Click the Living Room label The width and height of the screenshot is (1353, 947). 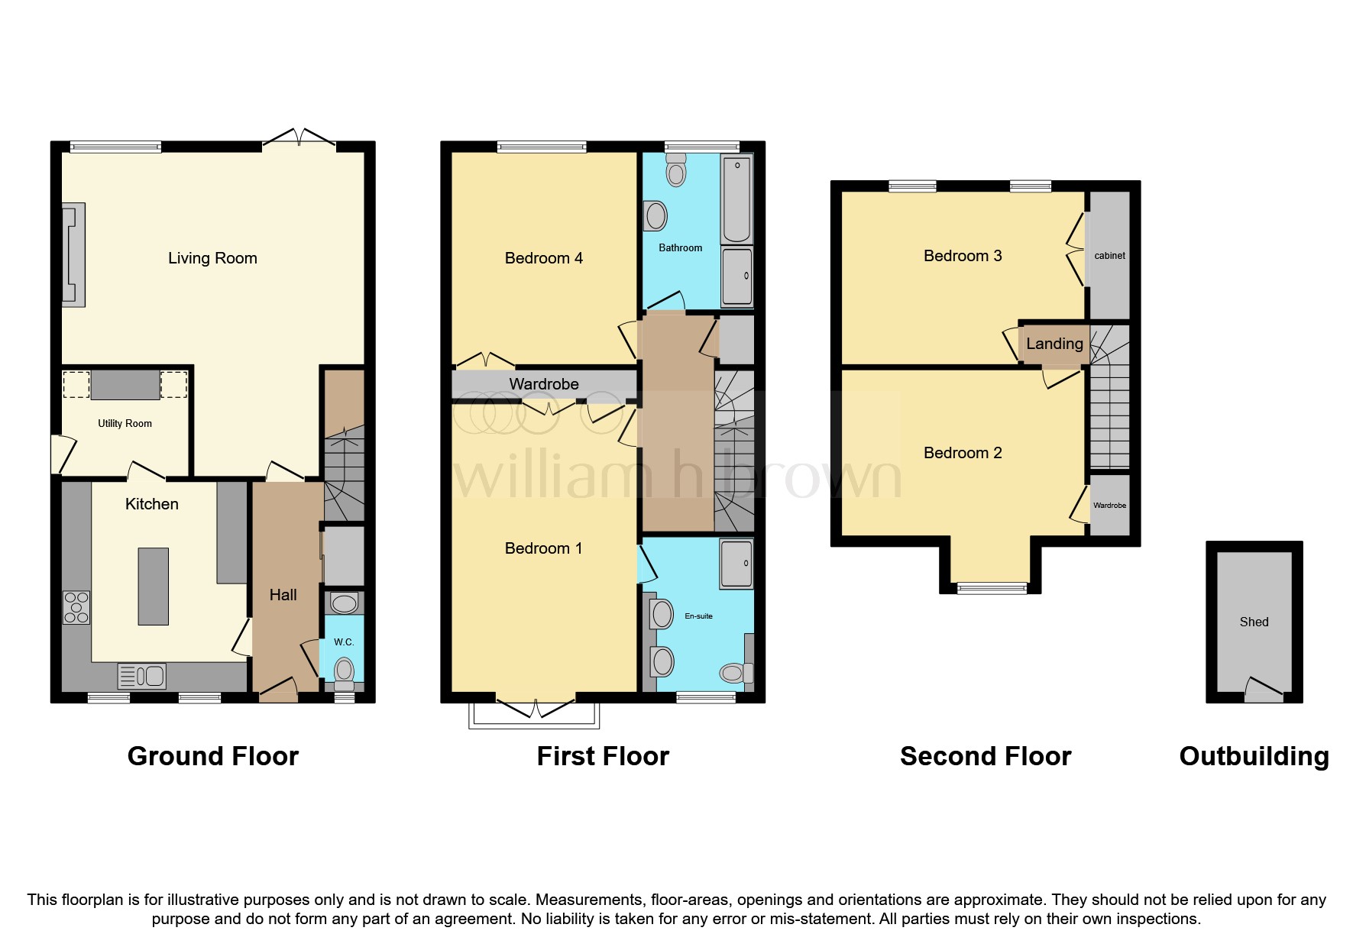tap(212, 258)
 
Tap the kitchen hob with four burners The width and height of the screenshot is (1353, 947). tap(76, 607)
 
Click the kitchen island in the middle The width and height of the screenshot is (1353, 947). tap(153, 587)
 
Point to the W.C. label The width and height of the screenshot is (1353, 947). tap(344, 642)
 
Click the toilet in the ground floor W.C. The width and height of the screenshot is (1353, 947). tap(345, 671)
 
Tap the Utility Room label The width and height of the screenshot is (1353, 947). tap(125, 423)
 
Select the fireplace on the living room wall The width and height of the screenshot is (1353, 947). tap(73, 255)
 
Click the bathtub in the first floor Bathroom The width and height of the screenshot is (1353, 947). tap(736, 198)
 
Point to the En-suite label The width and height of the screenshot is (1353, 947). tap(698, 616)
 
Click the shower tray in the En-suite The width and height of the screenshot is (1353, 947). tap(736, 564)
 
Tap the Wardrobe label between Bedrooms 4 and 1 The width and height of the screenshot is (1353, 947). tap(543, 384)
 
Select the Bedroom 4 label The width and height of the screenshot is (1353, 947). tap(543, 258)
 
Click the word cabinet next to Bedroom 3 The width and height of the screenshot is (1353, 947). tap(1109, 256)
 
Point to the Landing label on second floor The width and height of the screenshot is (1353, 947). tap(1054, 344)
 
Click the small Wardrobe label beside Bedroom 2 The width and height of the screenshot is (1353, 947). tap(1109, 506)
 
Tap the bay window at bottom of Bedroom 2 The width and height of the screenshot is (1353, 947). tap(992, 587)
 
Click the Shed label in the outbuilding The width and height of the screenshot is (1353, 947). tap(1254, 622)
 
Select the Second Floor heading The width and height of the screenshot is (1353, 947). tap(985, 756)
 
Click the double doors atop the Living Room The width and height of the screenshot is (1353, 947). tap(299, 138)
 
